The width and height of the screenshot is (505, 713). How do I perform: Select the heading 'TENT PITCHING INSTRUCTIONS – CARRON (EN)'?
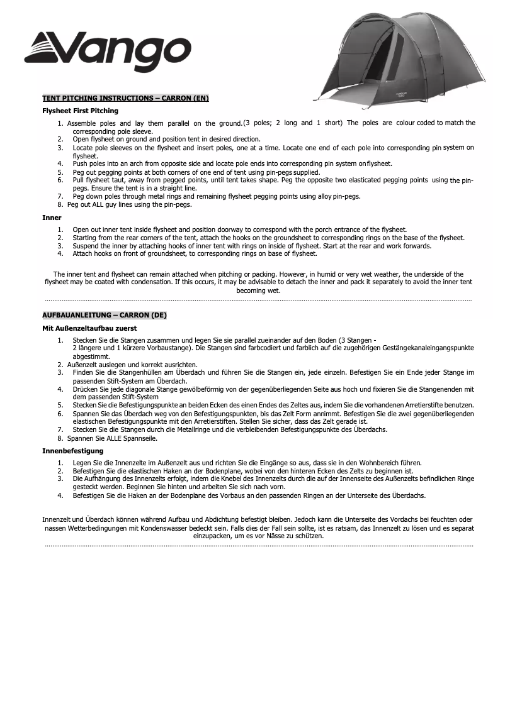coord(125,98)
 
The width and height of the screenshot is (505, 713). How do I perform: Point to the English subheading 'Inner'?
coord(52,218)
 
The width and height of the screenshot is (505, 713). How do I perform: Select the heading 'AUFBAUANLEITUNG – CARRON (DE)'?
coord(105,314)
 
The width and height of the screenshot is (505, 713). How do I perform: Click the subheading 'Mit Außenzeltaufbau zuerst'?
coord(89,328)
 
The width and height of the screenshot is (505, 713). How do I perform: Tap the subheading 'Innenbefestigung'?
coord(72,451)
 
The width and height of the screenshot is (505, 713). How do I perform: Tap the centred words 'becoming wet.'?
coord(258,291)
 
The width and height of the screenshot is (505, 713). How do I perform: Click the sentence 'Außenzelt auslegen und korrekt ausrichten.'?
coord(132,365)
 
